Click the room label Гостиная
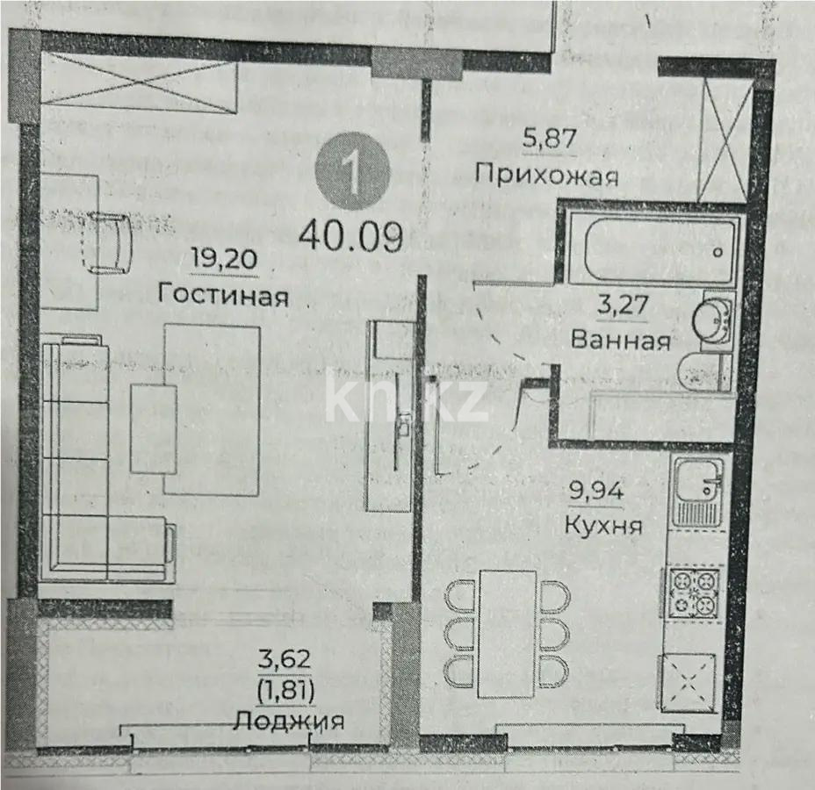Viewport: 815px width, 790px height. (x=224, y=295)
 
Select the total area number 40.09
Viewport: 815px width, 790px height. (x=350, y=235)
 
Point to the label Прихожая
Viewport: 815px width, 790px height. (x=546, y=174)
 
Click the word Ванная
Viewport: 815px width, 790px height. (x=620, y=339)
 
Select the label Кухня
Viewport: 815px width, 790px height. (x=602, y=526)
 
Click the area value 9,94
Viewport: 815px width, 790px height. (x=597, y=491)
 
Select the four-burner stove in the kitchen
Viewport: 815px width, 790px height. (x=695, y=592)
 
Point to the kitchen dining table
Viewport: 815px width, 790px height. (x=508, y=632)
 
